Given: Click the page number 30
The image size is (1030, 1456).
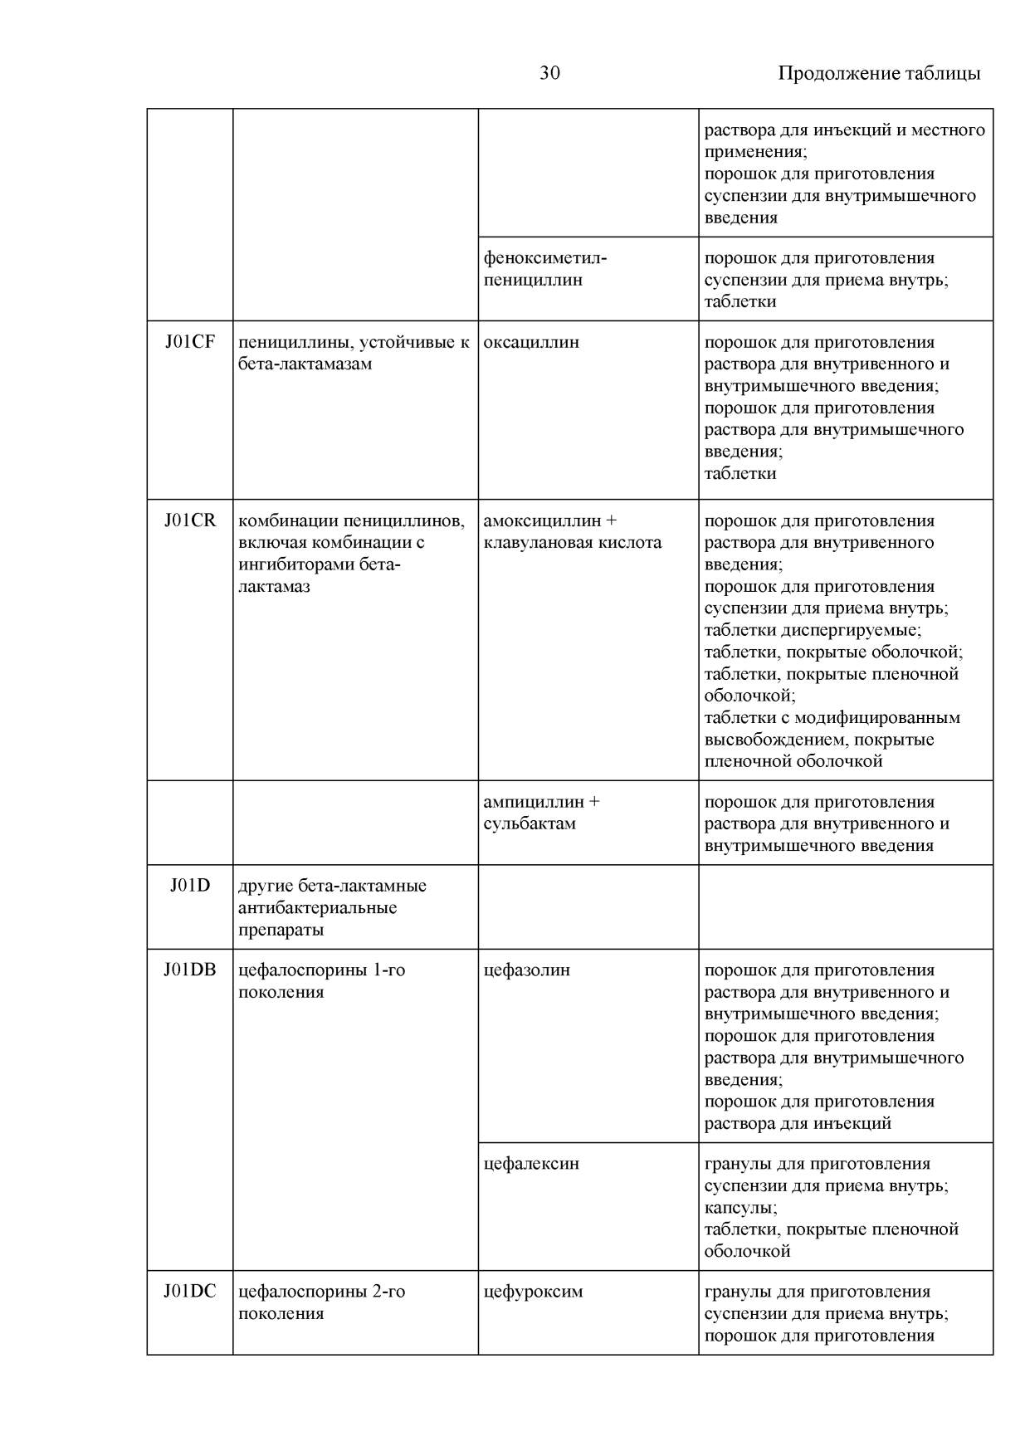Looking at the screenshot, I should [549, 73].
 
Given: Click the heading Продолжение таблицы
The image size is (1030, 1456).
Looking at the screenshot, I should [878, 73].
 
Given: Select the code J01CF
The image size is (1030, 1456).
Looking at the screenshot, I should [190, 342].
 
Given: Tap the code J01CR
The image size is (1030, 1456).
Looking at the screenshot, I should [190, 520].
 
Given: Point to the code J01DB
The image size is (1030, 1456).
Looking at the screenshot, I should [190, 970].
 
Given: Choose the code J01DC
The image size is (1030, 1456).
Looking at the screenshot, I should [190, 1292].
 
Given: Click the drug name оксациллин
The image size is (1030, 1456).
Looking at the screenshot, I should [531, 342].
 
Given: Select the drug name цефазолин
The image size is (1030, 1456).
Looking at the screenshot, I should [526, 970].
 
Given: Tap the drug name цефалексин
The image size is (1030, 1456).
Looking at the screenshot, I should [531, 1163].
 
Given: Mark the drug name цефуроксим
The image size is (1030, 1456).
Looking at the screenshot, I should [533, 1292].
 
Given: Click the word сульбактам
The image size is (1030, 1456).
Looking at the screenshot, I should [530, 823].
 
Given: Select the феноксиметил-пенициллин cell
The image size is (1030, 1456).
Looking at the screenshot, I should [544, 269].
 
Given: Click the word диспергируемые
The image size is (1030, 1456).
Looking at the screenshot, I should [850, 630].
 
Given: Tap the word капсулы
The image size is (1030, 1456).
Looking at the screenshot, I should [740, 1208].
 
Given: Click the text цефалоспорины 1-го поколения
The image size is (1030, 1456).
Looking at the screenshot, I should [321, 980].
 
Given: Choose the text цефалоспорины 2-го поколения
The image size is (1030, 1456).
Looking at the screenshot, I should [321, 1302].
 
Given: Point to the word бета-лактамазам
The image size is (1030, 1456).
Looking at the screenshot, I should [305, 364].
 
